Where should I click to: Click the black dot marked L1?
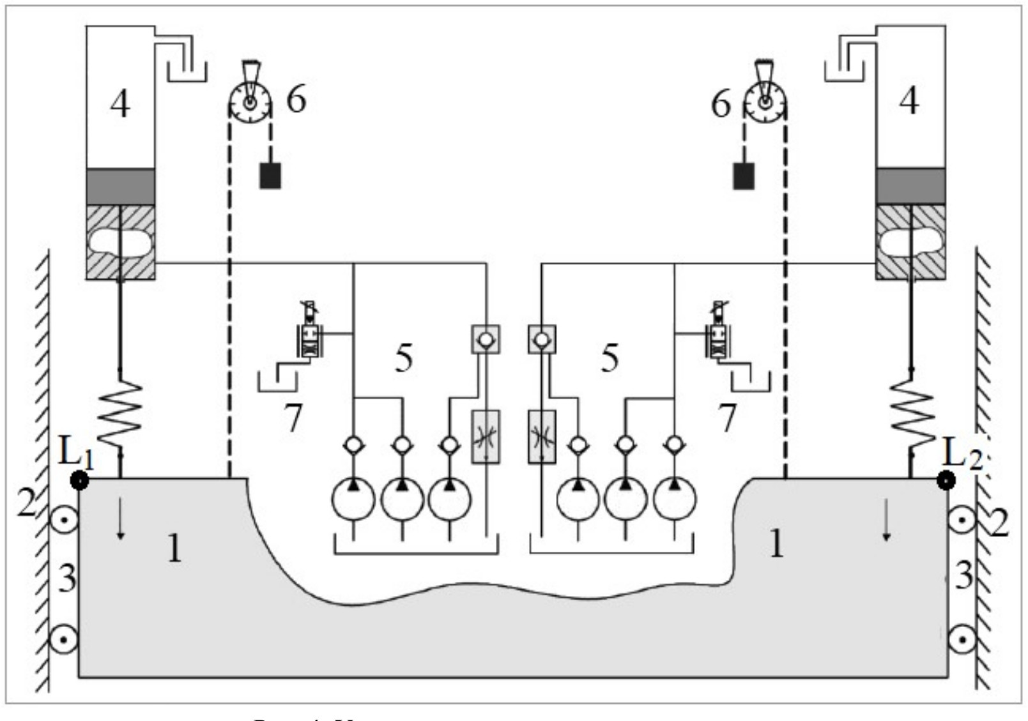click(80, 480)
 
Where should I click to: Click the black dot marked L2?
click(946, 480)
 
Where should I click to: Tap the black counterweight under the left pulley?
click(270, 176)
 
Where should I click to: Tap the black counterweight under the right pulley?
click(743, 176)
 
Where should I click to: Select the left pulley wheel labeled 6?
click(250, 103)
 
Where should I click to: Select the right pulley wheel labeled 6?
click(764, 103)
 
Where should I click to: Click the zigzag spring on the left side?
click(120, 414)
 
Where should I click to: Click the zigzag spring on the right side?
click(912, 414)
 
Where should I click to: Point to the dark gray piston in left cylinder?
click(121, 186)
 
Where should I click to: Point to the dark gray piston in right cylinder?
click(910, 186)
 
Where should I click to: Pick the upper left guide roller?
click(65, 519)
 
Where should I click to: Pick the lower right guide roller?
click(962, 639)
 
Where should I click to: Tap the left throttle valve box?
click(486, 437)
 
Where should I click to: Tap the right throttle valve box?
click(542, 437)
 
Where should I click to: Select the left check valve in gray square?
click(486, 339)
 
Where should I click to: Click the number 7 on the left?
click(293, 418)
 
